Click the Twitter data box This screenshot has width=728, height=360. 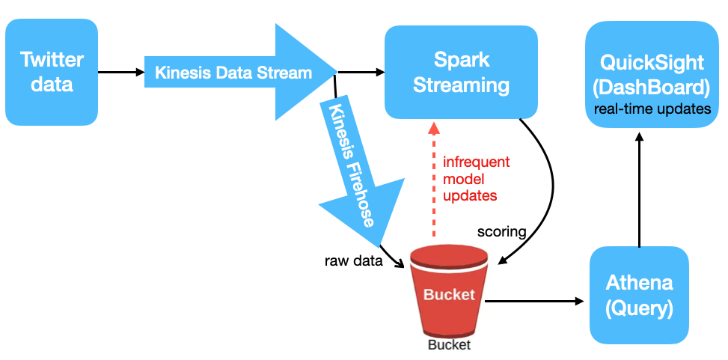52,72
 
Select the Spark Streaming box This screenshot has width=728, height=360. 461,73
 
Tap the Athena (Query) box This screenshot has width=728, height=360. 639,296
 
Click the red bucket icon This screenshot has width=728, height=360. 449,291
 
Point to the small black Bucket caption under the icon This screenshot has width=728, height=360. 449,345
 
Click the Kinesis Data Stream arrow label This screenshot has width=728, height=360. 233,73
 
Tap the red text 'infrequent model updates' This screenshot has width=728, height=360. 477,180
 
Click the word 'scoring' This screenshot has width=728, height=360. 501,231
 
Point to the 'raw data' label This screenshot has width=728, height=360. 353,261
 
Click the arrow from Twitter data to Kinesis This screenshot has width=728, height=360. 121,72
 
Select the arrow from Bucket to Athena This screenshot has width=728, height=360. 534,301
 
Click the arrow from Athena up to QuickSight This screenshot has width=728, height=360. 639,189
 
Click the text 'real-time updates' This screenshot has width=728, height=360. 652,109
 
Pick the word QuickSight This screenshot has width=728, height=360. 652,62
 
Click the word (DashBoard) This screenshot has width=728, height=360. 652,88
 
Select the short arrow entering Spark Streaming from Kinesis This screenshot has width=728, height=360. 361,72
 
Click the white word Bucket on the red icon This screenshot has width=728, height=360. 449,294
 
